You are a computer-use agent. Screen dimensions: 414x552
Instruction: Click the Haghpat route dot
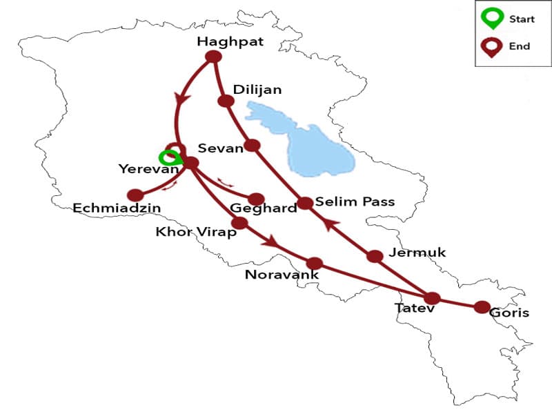point(213,57)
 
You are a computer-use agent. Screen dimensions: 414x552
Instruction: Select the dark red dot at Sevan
point(253,146)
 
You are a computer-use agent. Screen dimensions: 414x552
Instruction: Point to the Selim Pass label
point(355,201)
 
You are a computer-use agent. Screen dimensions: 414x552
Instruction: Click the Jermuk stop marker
point(375,256)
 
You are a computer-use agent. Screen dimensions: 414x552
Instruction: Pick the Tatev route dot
point(432,298)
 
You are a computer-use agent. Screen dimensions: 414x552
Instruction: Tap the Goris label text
point(509,313)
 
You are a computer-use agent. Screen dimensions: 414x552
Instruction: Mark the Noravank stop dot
point(315,263)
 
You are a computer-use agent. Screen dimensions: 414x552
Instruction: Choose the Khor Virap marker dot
point(239,223)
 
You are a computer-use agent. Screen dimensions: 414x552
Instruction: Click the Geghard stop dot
point(257,199)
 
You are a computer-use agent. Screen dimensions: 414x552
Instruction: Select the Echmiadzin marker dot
point(135,195)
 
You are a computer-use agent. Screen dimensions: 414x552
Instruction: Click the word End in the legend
point(520,47)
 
